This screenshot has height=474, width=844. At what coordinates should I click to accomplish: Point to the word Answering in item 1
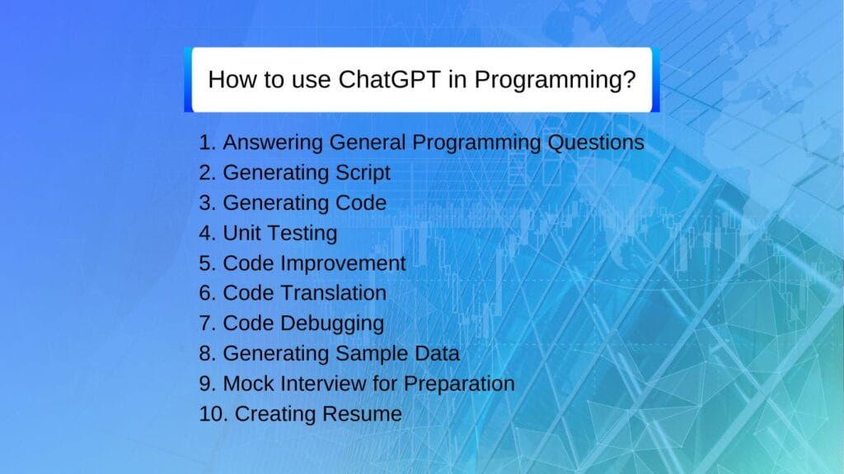[x=274, y=143]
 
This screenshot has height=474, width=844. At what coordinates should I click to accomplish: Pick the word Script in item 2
[x=363, y=173]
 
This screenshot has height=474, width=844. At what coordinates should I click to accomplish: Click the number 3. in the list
[x=208, y=202]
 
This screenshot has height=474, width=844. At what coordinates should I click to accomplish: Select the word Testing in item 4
[x=302, y=234]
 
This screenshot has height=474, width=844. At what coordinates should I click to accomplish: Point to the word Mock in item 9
[x=248, y=383]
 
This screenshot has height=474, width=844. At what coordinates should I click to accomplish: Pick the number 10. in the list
[x=213, y=414]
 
